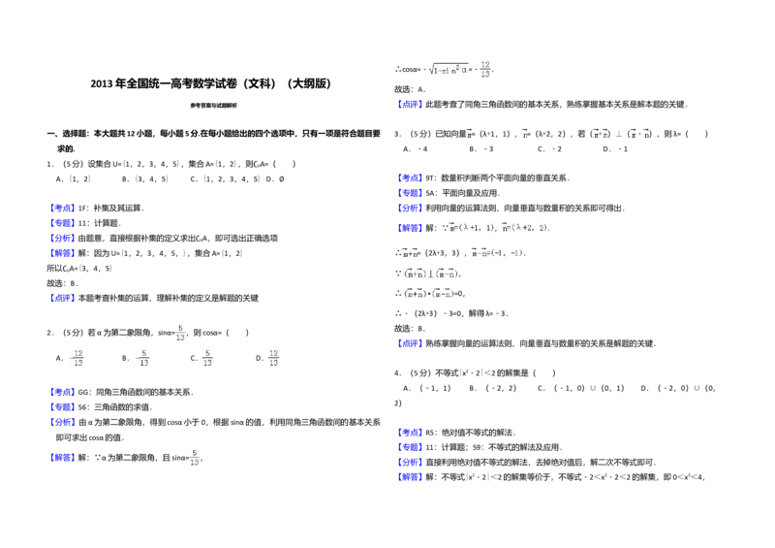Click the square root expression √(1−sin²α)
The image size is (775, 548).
pyautogui.click(x=448, y=70)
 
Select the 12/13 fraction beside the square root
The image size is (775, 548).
pyautogui.click(x=484, y=70)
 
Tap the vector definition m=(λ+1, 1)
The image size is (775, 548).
pyautogui.click(x=470, y=229)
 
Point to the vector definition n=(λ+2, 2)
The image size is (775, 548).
pyautogui.click(x=524, y=229)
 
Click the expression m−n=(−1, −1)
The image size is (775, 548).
pyautogui.click(x=496, y=253)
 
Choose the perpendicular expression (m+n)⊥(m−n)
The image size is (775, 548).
pyautogui.click(x=429, y=274)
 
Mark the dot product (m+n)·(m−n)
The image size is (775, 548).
pyautogui.click(x=426, y=294)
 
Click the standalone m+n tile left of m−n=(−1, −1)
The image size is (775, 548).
pyautogui.click(x=408, y=252)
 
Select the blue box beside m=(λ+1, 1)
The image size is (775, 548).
pyautogui.click(x=410, y=228)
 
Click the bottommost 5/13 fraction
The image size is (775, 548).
pyautogui.click(x=194, y=458)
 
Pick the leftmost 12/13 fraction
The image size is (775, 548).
pyautogui.click(x=75, y=358)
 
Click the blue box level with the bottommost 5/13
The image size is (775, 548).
pyautogui.click(x=62, y=458)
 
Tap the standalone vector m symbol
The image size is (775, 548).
pyautogui.click(x=469, y=133)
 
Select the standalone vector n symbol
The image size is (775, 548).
pyautogui.click(x=526, y=133)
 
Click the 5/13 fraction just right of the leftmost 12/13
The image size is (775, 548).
pyautogui.click(x=143, y=358)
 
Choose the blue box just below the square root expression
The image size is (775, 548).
pyautogui.click(x=410, y=102)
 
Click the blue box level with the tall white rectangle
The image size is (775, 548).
pyautogui.click(x=410, y=433)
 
